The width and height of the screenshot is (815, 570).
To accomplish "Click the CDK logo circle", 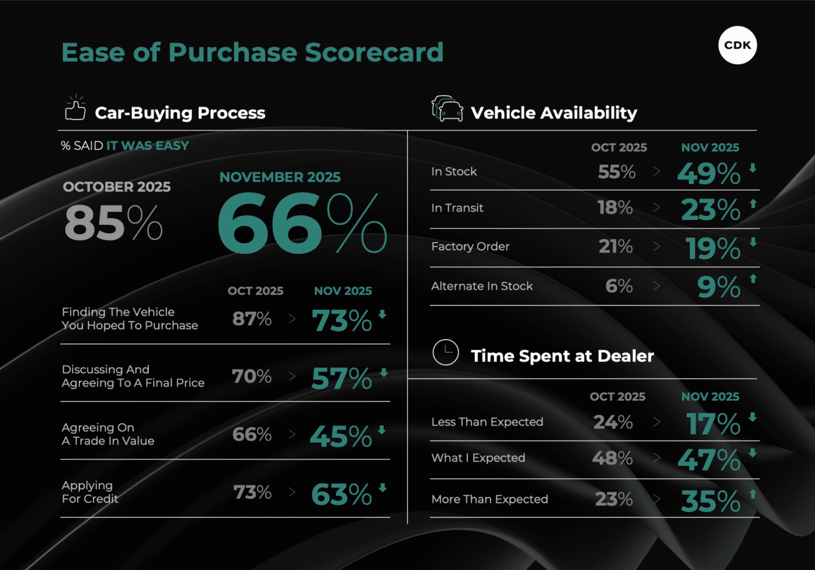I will tap(737, 46).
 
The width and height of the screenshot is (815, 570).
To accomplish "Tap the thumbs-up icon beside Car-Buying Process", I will tap(76, 108).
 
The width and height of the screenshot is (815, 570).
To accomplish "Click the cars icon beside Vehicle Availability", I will tap(447, 108).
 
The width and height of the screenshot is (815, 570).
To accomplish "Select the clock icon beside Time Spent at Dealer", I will tap(446, 352).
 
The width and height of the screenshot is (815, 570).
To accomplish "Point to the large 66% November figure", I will tap(302, 224).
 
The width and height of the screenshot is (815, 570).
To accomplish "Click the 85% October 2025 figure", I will tap(113, 223).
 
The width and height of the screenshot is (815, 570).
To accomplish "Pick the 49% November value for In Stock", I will tap(709, 174).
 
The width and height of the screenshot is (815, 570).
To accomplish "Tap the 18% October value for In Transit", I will tap(615, 207).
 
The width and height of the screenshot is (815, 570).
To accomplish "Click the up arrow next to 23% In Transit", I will tap(753, 204).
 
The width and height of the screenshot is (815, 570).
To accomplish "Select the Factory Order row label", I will tap(470, 246).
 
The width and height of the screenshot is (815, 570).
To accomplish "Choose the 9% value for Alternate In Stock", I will tap(718, 287).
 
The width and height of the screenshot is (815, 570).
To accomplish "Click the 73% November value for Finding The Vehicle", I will tap(342, 320).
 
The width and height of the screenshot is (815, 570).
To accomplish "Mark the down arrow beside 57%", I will tap(384, 372).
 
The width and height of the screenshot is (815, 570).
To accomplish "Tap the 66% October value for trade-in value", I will tap(252, 434).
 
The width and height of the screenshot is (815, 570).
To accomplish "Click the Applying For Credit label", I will tap(90, 492).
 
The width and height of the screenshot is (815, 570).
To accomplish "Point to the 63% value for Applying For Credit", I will tap(341, 495).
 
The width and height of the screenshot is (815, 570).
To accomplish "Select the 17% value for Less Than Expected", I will tap(713, 424).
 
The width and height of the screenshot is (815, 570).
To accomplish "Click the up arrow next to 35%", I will tap(753, 494).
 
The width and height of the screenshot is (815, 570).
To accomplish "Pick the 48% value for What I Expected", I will tap(612, 458).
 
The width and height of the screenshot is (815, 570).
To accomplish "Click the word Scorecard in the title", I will tap(374, 53).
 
